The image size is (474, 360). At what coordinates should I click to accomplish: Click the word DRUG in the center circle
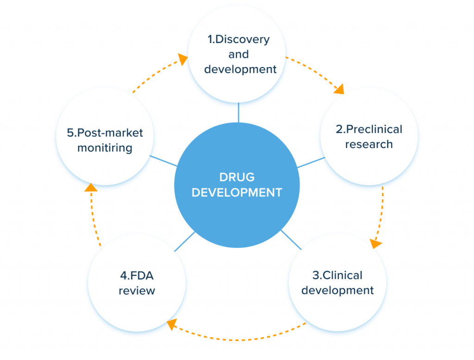tap(237, 177)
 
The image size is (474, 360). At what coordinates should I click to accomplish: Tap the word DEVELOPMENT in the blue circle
tap(237, 192)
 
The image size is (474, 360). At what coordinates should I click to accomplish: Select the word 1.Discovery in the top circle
tap(238, 39)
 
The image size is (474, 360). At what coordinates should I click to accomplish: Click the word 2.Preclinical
tap(369, 129)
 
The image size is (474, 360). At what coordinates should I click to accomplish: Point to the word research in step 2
tap(369, 144)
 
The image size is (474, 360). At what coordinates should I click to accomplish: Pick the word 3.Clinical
tap(337, 275)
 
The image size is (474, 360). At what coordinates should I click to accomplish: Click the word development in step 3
tap(337, 290)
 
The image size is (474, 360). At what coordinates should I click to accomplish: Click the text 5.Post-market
tap(105, 133)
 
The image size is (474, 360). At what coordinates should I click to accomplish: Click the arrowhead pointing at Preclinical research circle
tap(340, 89)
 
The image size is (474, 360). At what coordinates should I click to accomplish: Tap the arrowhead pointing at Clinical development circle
tap(376, 243)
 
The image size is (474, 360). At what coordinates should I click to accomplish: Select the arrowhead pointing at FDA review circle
tap(172, 324)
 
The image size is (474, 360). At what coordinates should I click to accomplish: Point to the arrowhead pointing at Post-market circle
tap(91, 187)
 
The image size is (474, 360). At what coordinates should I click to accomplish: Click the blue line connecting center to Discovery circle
tap(238, 112)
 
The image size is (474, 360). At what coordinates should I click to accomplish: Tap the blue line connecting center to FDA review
tap(184, 242)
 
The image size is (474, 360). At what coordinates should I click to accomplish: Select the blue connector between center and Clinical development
tap(291, 240)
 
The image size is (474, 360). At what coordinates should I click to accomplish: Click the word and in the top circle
tap(238, 54)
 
